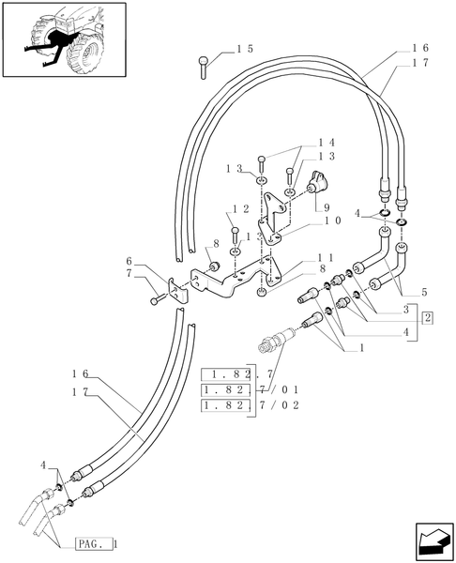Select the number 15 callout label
245,47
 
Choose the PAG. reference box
93,543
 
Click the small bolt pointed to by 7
156,299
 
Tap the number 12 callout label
240,208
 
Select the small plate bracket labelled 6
175,290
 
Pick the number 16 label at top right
419,47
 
